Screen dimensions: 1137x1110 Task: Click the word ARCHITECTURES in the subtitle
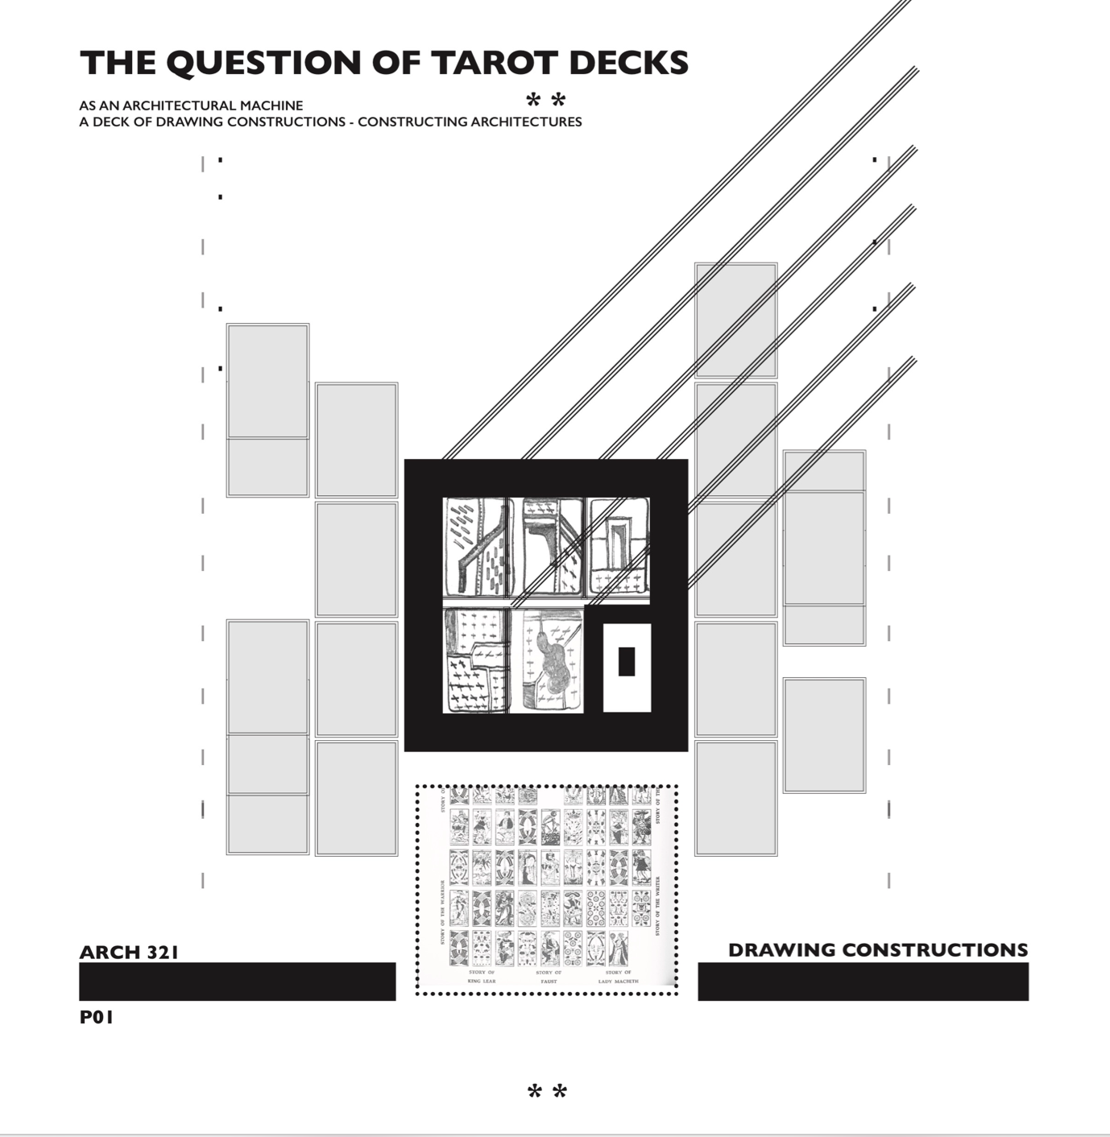pyautogui.click(x=525, y=122)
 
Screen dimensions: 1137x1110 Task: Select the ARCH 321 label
pyautogui.click(x=129, y=952)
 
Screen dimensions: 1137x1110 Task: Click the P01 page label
pyautogui.click(x=97, y=1018)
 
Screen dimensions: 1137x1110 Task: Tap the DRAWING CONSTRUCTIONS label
pyautogui.click(x=877, y=950)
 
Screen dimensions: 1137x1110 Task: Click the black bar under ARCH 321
pyautogui.click(x=237, y=982)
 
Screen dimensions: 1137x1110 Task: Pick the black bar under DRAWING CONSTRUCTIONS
pyautogui.click(x=863, y=982)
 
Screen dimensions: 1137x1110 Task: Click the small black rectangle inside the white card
pyautogui.click(x=627, y=662)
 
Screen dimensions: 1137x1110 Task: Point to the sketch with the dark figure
pyautogui.click(x=553, y=660)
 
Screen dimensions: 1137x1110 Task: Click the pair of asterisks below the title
pyautogui.click(x=546, y=101)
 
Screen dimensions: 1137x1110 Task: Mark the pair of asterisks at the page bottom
pyautogui.click(x=548, y=1093)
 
